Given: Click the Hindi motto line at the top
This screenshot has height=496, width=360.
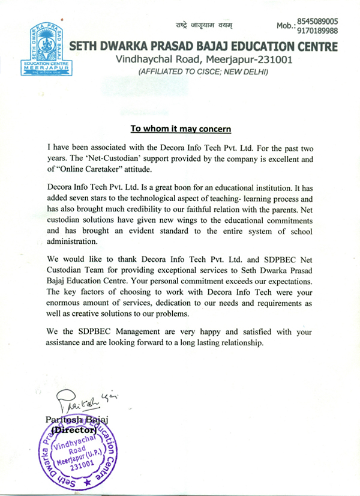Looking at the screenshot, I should pyautogui.click(x=204, y=25).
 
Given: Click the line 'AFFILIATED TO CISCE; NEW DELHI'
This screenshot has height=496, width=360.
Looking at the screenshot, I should pyautogui.click(x=203, y=72).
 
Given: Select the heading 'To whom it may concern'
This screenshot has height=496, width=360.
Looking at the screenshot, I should pyautogui.click(x=181, y=129).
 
